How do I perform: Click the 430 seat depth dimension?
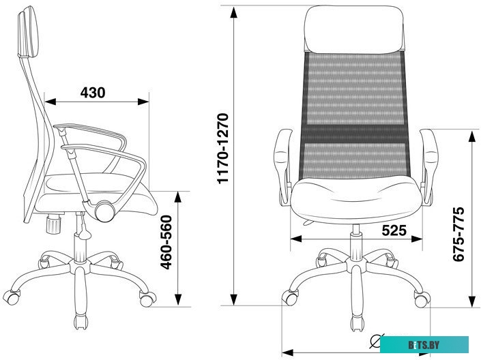point(93,92)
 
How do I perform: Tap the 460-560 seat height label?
point(166,242)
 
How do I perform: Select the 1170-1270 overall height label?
point(222,149)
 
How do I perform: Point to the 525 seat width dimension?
point(394,230)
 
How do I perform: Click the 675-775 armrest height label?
point(458,235)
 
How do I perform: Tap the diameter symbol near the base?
point(376,341)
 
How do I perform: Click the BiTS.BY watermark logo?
point(424,345)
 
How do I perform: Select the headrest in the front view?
point(354,29)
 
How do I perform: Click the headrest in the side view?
point(28,32)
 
